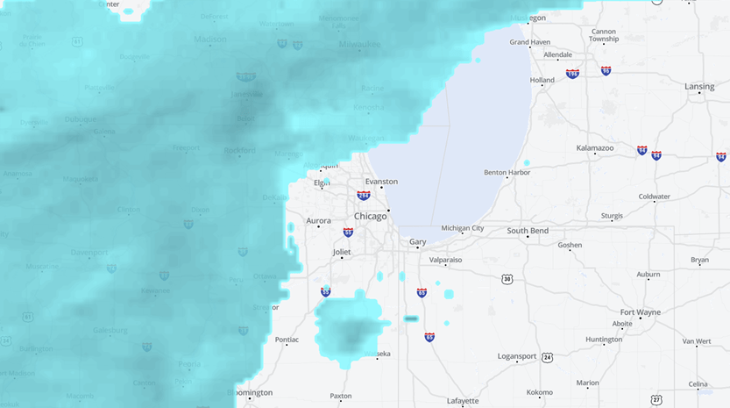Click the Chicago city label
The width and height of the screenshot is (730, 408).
(x=370, y=216)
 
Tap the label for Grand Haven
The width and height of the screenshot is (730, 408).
(x=529, y=42)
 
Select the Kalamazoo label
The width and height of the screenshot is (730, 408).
(x=595, y=148)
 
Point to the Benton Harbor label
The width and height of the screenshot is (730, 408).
(x=507, y=172)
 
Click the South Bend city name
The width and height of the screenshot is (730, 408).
(x=528, y=231)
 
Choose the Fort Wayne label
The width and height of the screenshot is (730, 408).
(x=640, y=311)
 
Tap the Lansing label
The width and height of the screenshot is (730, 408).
(x=699, y=87)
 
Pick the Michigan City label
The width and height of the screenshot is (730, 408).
(x=462, y=228)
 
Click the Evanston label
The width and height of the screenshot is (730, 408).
(x=381, y=182)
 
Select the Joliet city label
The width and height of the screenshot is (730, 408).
(x=341, y=252)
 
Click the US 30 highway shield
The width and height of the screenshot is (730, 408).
(x=507, y=279)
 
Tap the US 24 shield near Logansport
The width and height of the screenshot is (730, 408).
(x=548, y=357)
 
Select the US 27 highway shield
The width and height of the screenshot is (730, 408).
(x=656, y=399)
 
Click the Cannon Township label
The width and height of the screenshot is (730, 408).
(x=603, y=35)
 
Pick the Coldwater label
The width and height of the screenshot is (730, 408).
(x=654, y=197)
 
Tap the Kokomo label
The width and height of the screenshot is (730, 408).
(x=539, y=392)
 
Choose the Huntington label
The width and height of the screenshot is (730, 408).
(x=604, y=340)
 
